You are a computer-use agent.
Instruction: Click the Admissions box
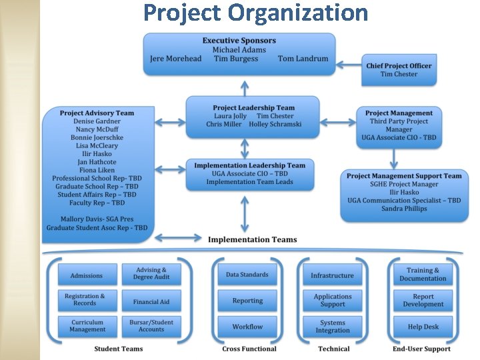point(87,275)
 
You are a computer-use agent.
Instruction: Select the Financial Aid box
point(151,301)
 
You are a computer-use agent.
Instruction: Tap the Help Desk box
point(423,327)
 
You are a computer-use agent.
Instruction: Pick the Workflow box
point(247,327)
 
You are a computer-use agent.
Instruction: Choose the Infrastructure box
point(332,275)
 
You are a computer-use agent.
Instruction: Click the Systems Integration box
point(332,327)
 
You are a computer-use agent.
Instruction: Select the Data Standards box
point(247,275)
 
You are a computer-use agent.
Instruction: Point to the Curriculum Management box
point(87,326)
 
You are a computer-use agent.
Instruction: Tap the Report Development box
point(423,301)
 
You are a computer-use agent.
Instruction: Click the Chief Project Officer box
point(399,70)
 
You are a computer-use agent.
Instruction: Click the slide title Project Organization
point(255,13)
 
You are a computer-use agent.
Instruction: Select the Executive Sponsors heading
point(239,41)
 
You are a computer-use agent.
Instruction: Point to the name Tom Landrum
point(303,59)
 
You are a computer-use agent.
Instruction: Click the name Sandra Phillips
point(404,209)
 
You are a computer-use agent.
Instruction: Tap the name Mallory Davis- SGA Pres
point(97,219)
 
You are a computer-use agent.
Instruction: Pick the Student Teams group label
point(118,349)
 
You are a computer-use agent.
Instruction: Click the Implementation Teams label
point(253,239)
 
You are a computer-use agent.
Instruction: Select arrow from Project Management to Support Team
point(395,157)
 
